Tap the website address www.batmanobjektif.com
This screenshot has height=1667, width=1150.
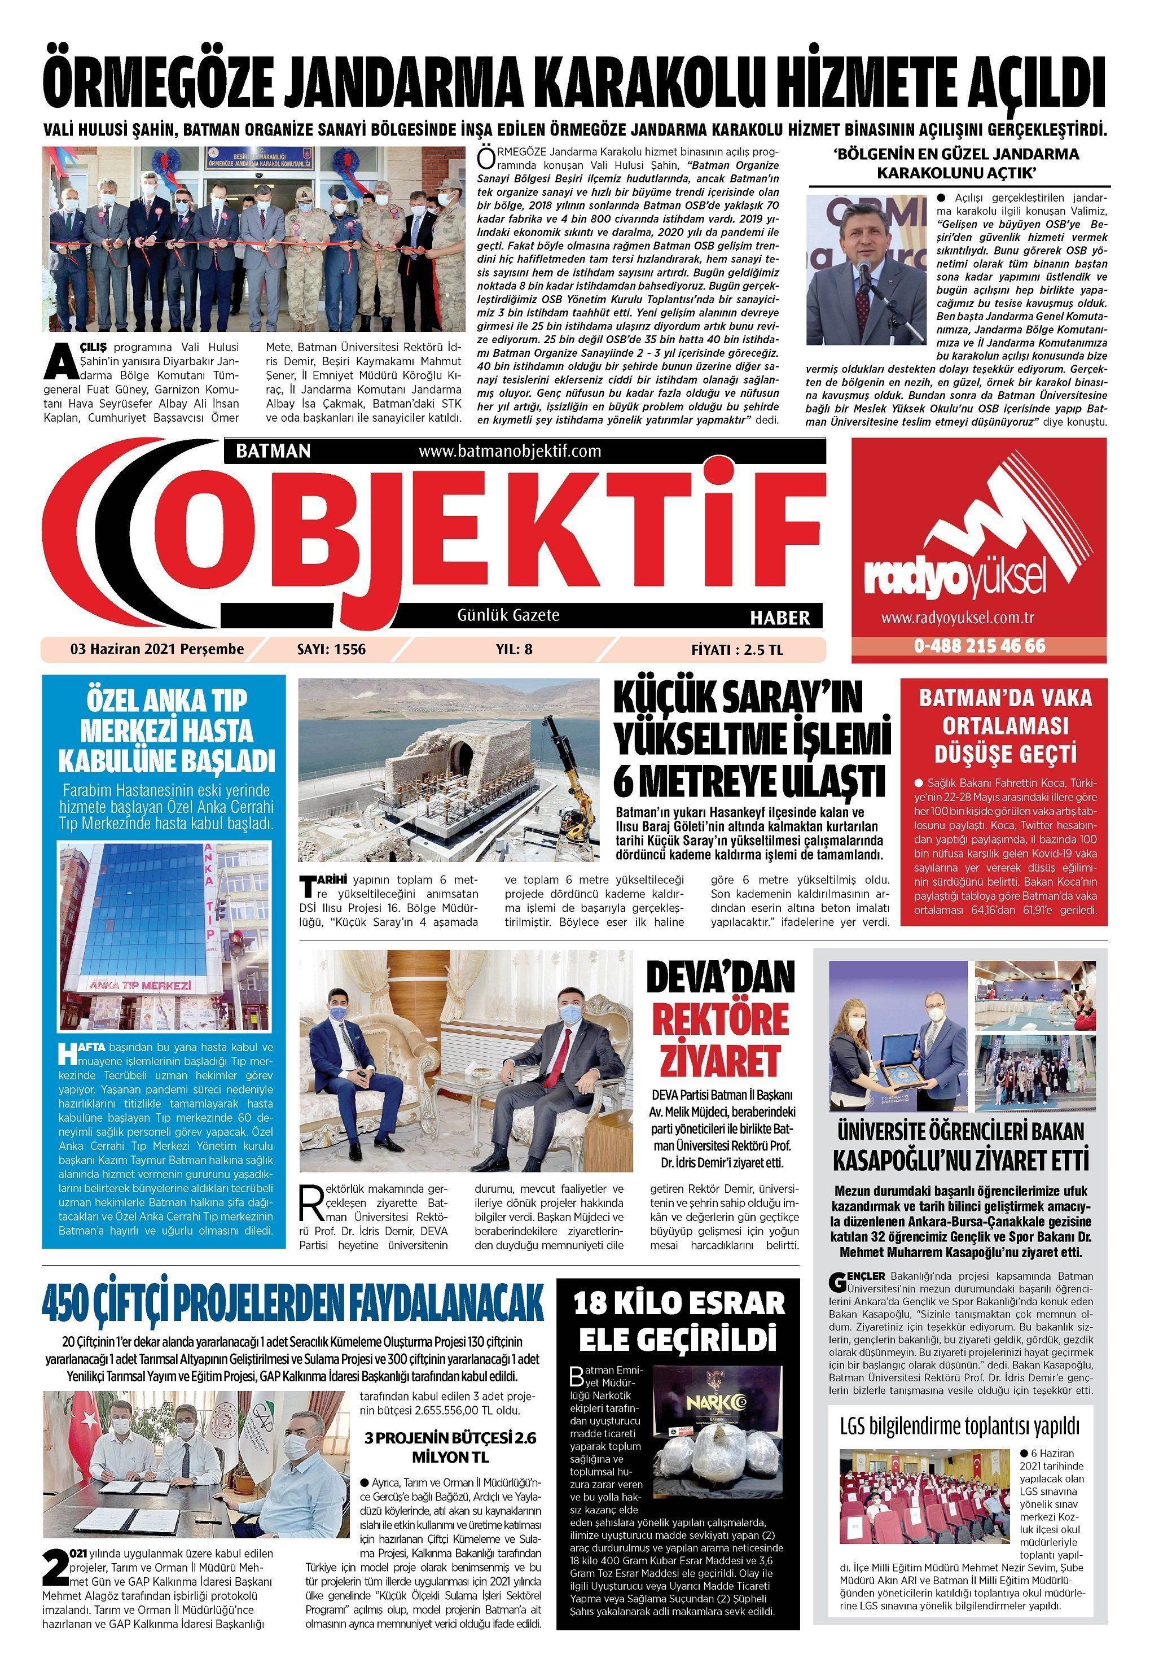pos(510,452)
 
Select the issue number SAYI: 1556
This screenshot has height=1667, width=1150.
pos(331,649)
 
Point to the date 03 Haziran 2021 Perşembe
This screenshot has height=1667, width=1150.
pos(157,649)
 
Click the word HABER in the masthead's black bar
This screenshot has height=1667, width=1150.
pos(780,618)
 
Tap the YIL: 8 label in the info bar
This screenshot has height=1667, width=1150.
pos(515,649)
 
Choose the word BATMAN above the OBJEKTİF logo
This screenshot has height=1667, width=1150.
pos(274,452)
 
